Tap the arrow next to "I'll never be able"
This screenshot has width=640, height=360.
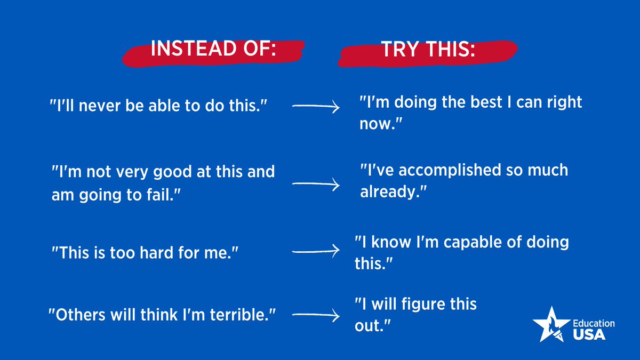point(316,107)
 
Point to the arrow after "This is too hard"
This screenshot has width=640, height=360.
point(316,250)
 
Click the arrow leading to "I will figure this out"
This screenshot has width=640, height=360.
point(316,316)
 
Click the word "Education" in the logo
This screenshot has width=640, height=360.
point(594,323)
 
